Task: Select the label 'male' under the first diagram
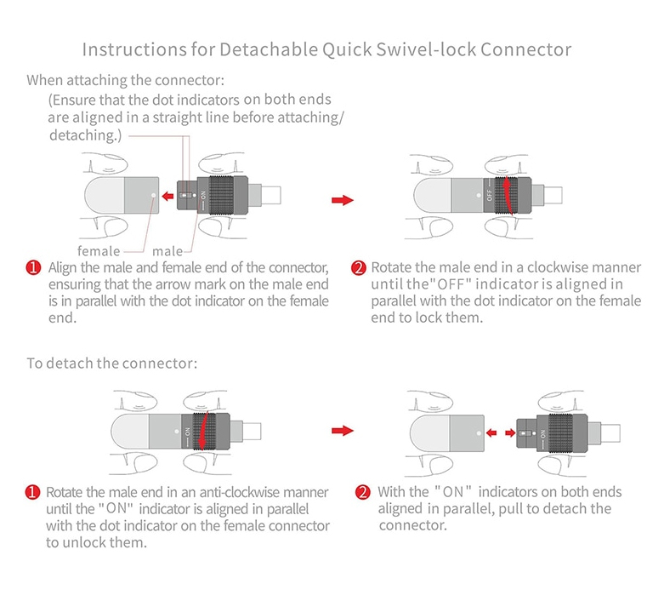pos(167,251)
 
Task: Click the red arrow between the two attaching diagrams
pos(342,199)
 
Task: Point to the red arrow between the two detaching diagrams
pos(342,432)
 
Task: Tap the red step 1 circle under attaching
pos(34,268)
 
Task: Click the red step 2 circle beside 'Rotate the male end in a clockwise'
pos(360,268)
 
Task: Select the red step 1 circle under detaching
pos(34,493)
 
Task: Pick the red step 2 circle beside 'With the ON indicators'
pos(362,493)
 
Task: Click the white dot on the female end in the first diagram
pos(152,196)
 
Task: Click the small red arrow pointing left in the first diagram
pos(168,197)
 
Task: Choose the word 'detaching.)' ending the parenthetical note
pos(83,135)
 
